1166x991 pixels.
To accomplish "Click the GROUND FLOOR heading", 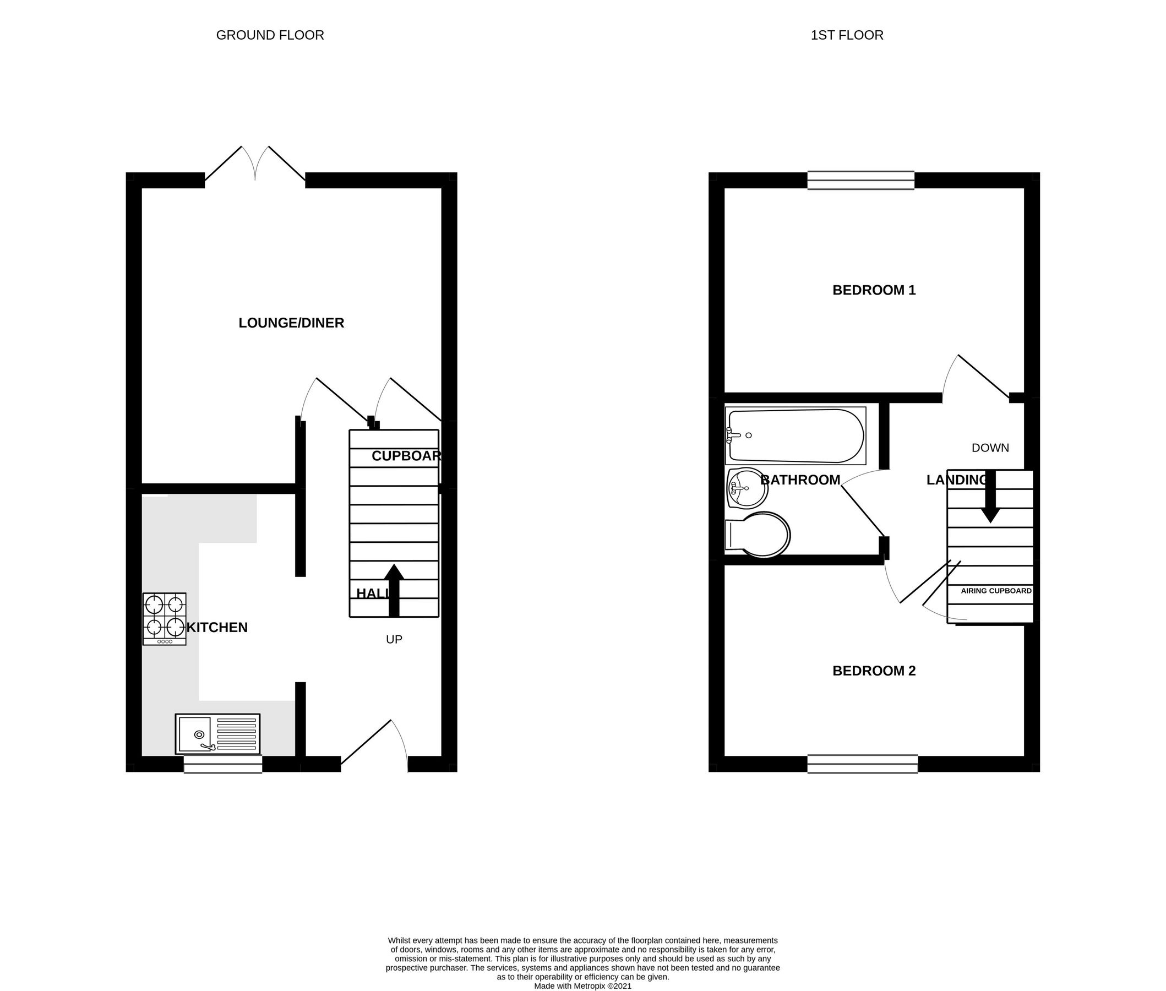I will tap(270, 35).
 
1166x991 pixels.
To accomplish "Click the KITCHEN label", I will tap(217, 628).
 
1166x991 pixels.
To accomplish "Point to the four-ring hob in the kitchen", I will tap(165, 618).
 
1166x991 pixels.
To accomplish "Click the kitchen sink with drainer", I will tap(217, 734).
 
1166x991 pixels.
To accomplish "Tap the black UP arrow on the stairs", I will tap(394, 590).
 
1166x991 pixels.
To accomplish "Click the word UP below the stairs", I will tap(394, 639).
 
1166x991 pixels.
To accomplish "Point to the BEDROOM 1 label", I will tap(873, 291).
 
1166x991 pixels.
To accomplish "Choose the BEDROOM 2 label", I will tap(873, 671).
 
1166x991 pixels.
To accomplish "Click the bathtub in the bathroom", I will tap(796, 435).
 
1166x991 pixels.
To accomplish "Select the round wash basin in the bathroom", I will tap(748, 488).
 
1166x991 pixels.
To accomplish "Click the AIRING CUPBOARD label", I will tap(996, 591).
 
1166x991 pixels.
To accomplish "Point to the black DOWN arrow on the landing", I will tap(990, 497).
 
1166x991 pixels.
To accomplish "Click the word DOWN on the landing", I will tap(990, 448).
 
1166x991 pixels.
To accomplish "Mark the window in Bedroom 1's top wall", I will tap(860, 181).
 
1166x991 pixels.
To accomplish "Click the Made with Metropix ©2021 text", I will tap(582, 985).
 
